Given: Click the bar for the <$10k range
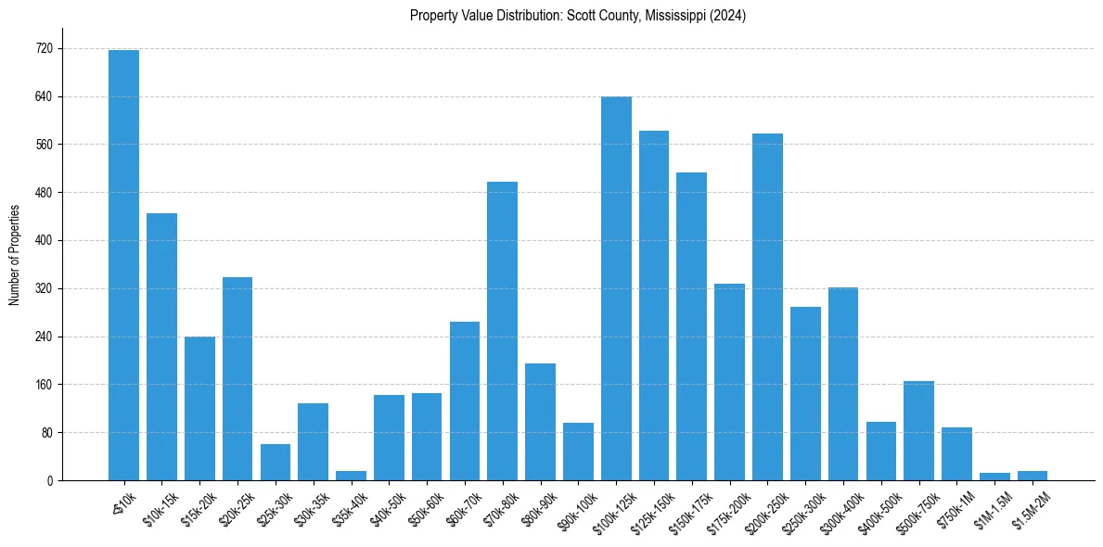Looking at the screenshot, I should (x=123, y=265).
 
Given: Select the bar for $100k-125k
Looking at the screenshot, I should (x=616, y=288).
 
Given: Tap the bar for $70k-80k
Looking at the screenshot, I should (x=502, y=331).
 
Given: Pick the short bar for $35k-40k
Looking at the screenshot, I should (x=351, y=476).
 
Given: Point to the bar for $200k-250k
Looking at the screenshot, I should (x=767, y=307).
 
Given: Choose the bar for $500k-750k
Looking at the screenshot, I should (x=918, y=431).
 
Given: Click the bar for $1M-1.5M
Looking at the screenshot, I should (x=994, y=477).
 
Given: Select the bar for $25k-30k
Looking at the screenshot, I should (x=275, y=462).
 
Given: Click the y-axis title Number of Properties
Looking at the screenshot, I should (x=14, y=255).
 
